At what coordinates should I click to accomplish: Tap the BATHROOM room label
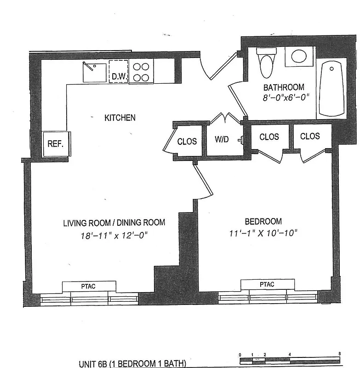pyautogui.click(x=283, y=87)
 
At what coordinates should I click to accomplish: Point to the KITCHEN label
pyautogui.click(x=120, y=118)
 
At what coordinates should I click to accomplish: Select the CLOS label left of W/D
pyautogui.click(x=187, y=141)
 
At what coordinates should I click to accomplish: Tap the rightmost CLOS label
pyautogui.click(x=310, y=136)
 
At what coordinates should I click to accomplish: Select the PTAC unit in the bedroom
pyautogui.click(x=267, y=284)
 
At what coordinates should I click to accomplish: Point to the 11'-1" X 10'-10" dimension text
pyautogui.click(x=263, y=233)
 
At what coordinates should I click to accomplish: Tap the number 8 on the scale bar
pyautogui.click(x=339, y=354)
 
